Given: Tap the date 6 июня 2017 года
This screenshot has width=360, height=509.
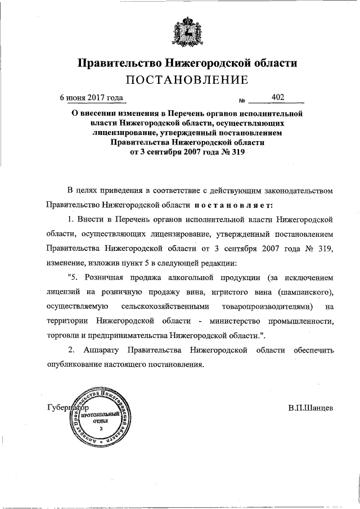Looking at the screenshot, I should click(x=92, y=97).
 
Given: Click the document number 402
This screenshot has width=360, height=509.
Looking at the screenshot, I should click(x=277, y=97).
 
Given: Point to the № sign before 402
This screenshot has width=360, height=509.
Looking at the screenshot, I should click(x=242, y=101).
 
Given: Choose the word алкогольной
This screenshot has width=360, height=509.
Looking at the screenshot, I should click(x=188, y=277).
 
